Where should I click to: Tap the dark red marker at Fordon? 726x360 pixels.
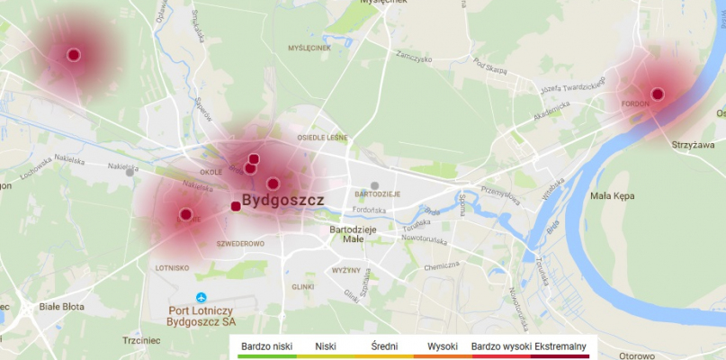tap(658, 94)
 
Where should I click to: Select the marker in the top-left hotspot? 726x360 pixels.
tap(74, 55)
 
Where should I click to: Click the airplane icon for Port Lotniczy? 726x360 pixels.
tap(201, 298)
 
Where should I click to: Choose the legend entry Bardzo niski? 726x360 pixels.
tap(267, 346)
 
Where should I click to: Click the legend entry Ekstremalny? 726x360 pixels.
tap(560, 346)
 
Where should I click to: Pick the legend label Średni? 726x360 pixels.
tap(384, 346)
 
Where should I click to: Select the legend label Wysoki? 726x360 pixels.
tap(443, 346)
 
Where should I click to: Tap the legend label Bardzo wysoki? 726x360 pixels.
tap(500, 346)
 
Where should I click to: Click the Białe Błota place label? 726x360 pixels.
tap(61, 307)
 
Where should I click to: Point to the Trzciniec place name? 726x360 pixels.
tap(141, 340)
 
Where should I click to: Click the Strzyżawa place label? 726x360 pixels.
tap(693, 144)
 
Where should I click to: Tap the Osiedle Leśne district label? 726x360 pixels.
tap(322, 138)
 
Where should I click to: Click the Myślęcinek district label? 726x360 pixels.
tap(309, 48)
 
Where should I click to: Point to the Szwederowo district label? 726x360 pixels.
tap(240, 244)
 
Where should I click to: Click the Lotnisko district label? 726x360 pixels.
tap(172, 267)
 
